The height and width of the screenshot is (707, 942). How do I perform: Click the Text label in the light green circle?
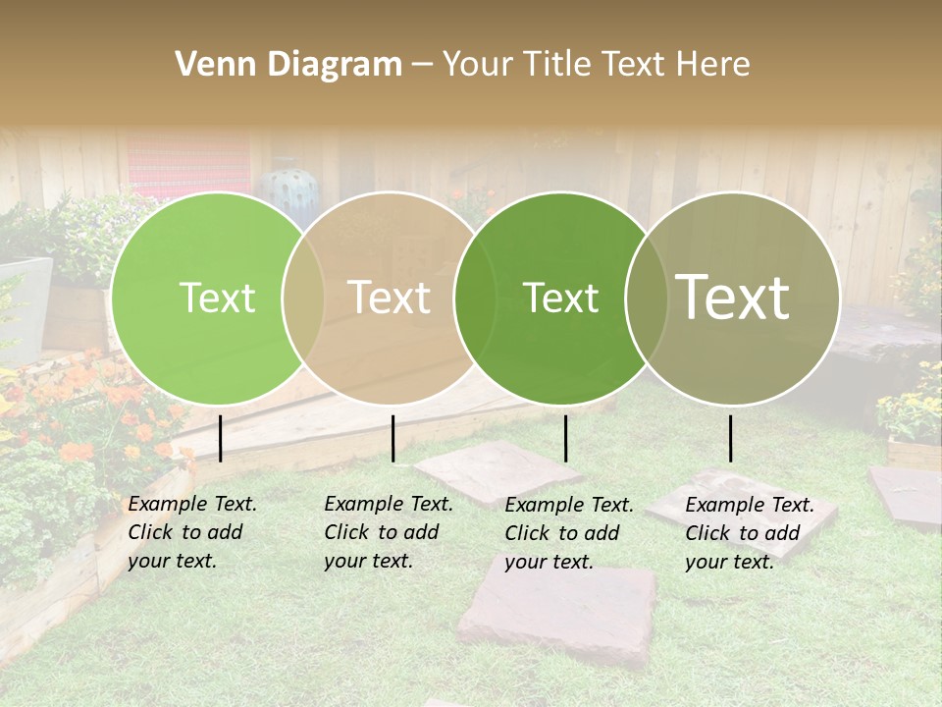tap(217, 299)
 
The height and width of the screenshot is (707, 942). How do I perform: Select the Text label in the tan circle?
tap(390, 299)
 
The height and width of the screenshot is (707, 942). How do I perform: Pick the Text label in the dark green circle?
tap(561, 299)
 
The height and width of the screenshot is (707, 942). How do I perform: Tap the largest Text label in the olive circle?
tap(733, 299)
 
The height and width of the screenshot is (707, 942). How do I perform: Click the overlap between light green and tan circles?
tap(303, 299)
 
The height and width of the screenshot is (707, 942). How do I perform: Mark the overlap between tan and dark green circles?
tap(476, 299)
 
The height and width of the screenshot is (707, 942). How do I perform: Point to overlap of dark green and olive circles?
tap(647, 299)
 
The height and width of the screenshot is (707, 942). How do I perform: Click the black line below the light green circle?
tap(221, 438)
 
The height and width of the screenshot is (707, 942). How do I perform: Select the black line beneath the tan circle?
tap(392, 438)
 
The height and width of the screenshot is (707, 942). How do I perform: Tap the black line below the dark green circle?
tap(566, 438)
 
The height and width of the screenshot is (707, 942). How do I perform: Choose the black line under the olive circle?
tap(730, 438)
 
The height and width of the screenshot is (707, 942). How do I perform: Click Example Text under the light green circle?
tap(192, 504)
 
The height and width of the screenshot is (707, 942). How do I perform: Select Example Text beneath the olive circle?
tap(750, 505)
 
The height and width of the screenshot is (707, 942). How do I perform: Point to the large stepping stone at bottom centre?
tap(557, 614)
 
